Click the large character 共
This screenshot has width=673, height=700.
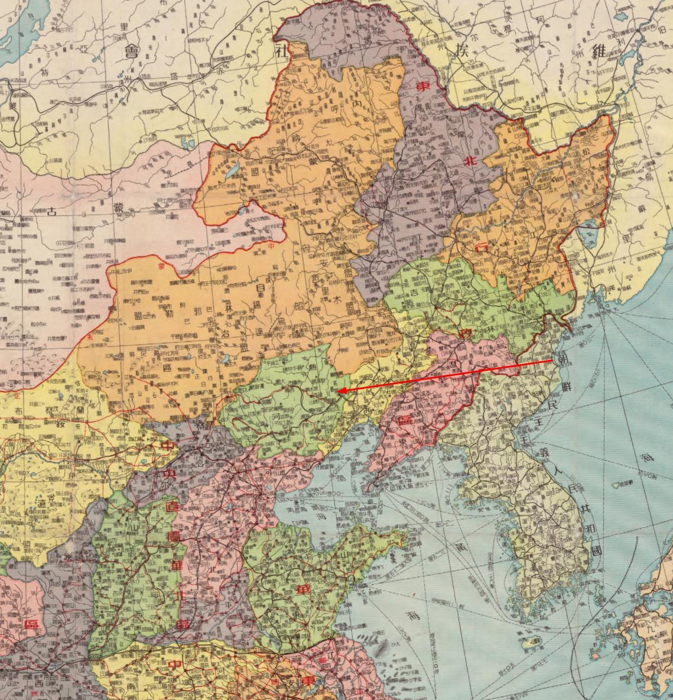(x=584, y=507)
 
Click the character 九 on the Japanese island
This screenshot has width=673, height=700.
(x=652, y=634)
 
